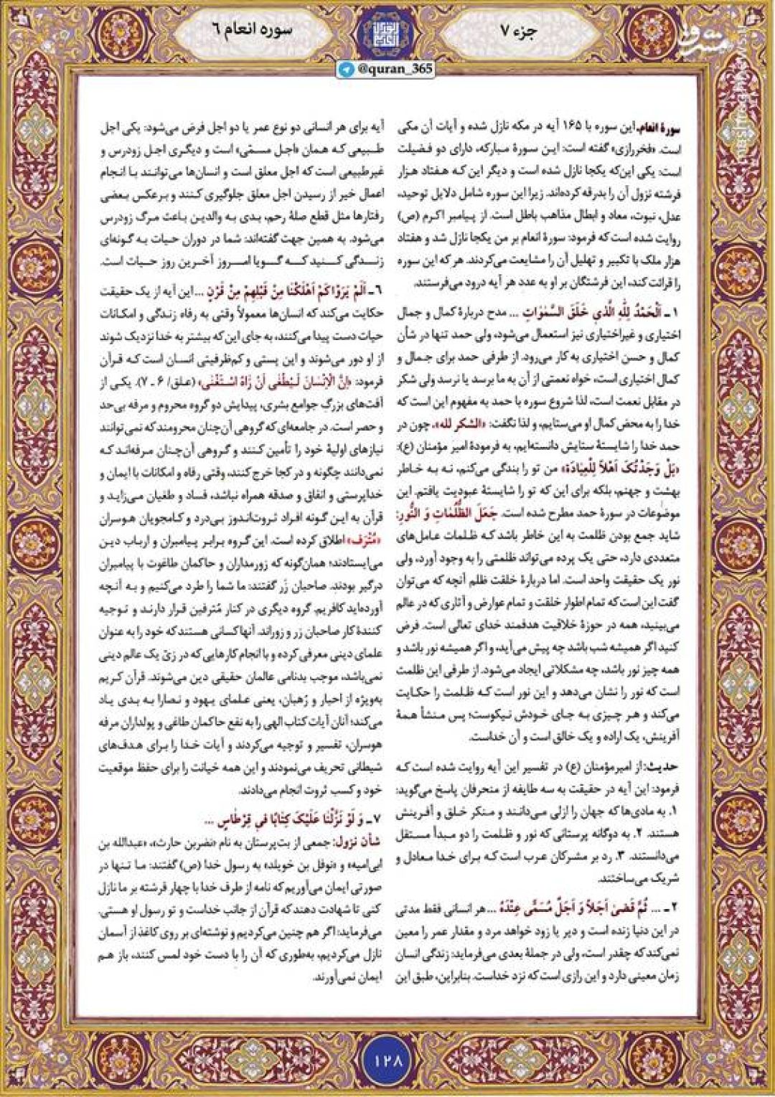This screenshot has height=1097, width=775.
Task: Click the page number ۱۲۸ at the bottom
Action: click(x=387, y=1058)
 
